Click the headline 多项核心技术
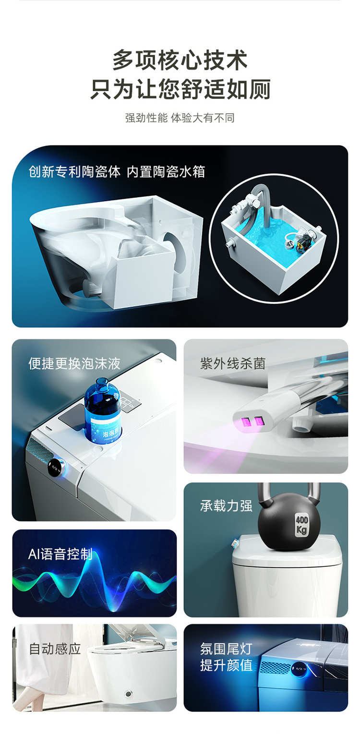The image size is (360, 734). (180, 60)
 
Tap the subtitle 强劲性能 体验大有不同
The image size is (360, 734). (180, 118)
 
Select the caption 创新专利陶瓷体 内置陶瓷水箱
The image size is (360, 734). (117, 171)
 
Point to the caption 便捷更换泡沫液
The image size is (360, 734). (74, 364)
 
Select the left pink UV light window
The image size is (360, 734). (247, 422)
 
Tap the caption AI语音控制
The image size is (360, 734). (60, 554)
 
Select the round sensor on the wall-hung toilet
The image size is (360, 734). (129, 693)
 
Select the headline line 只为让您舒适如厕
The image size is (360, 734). (180, 89)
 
